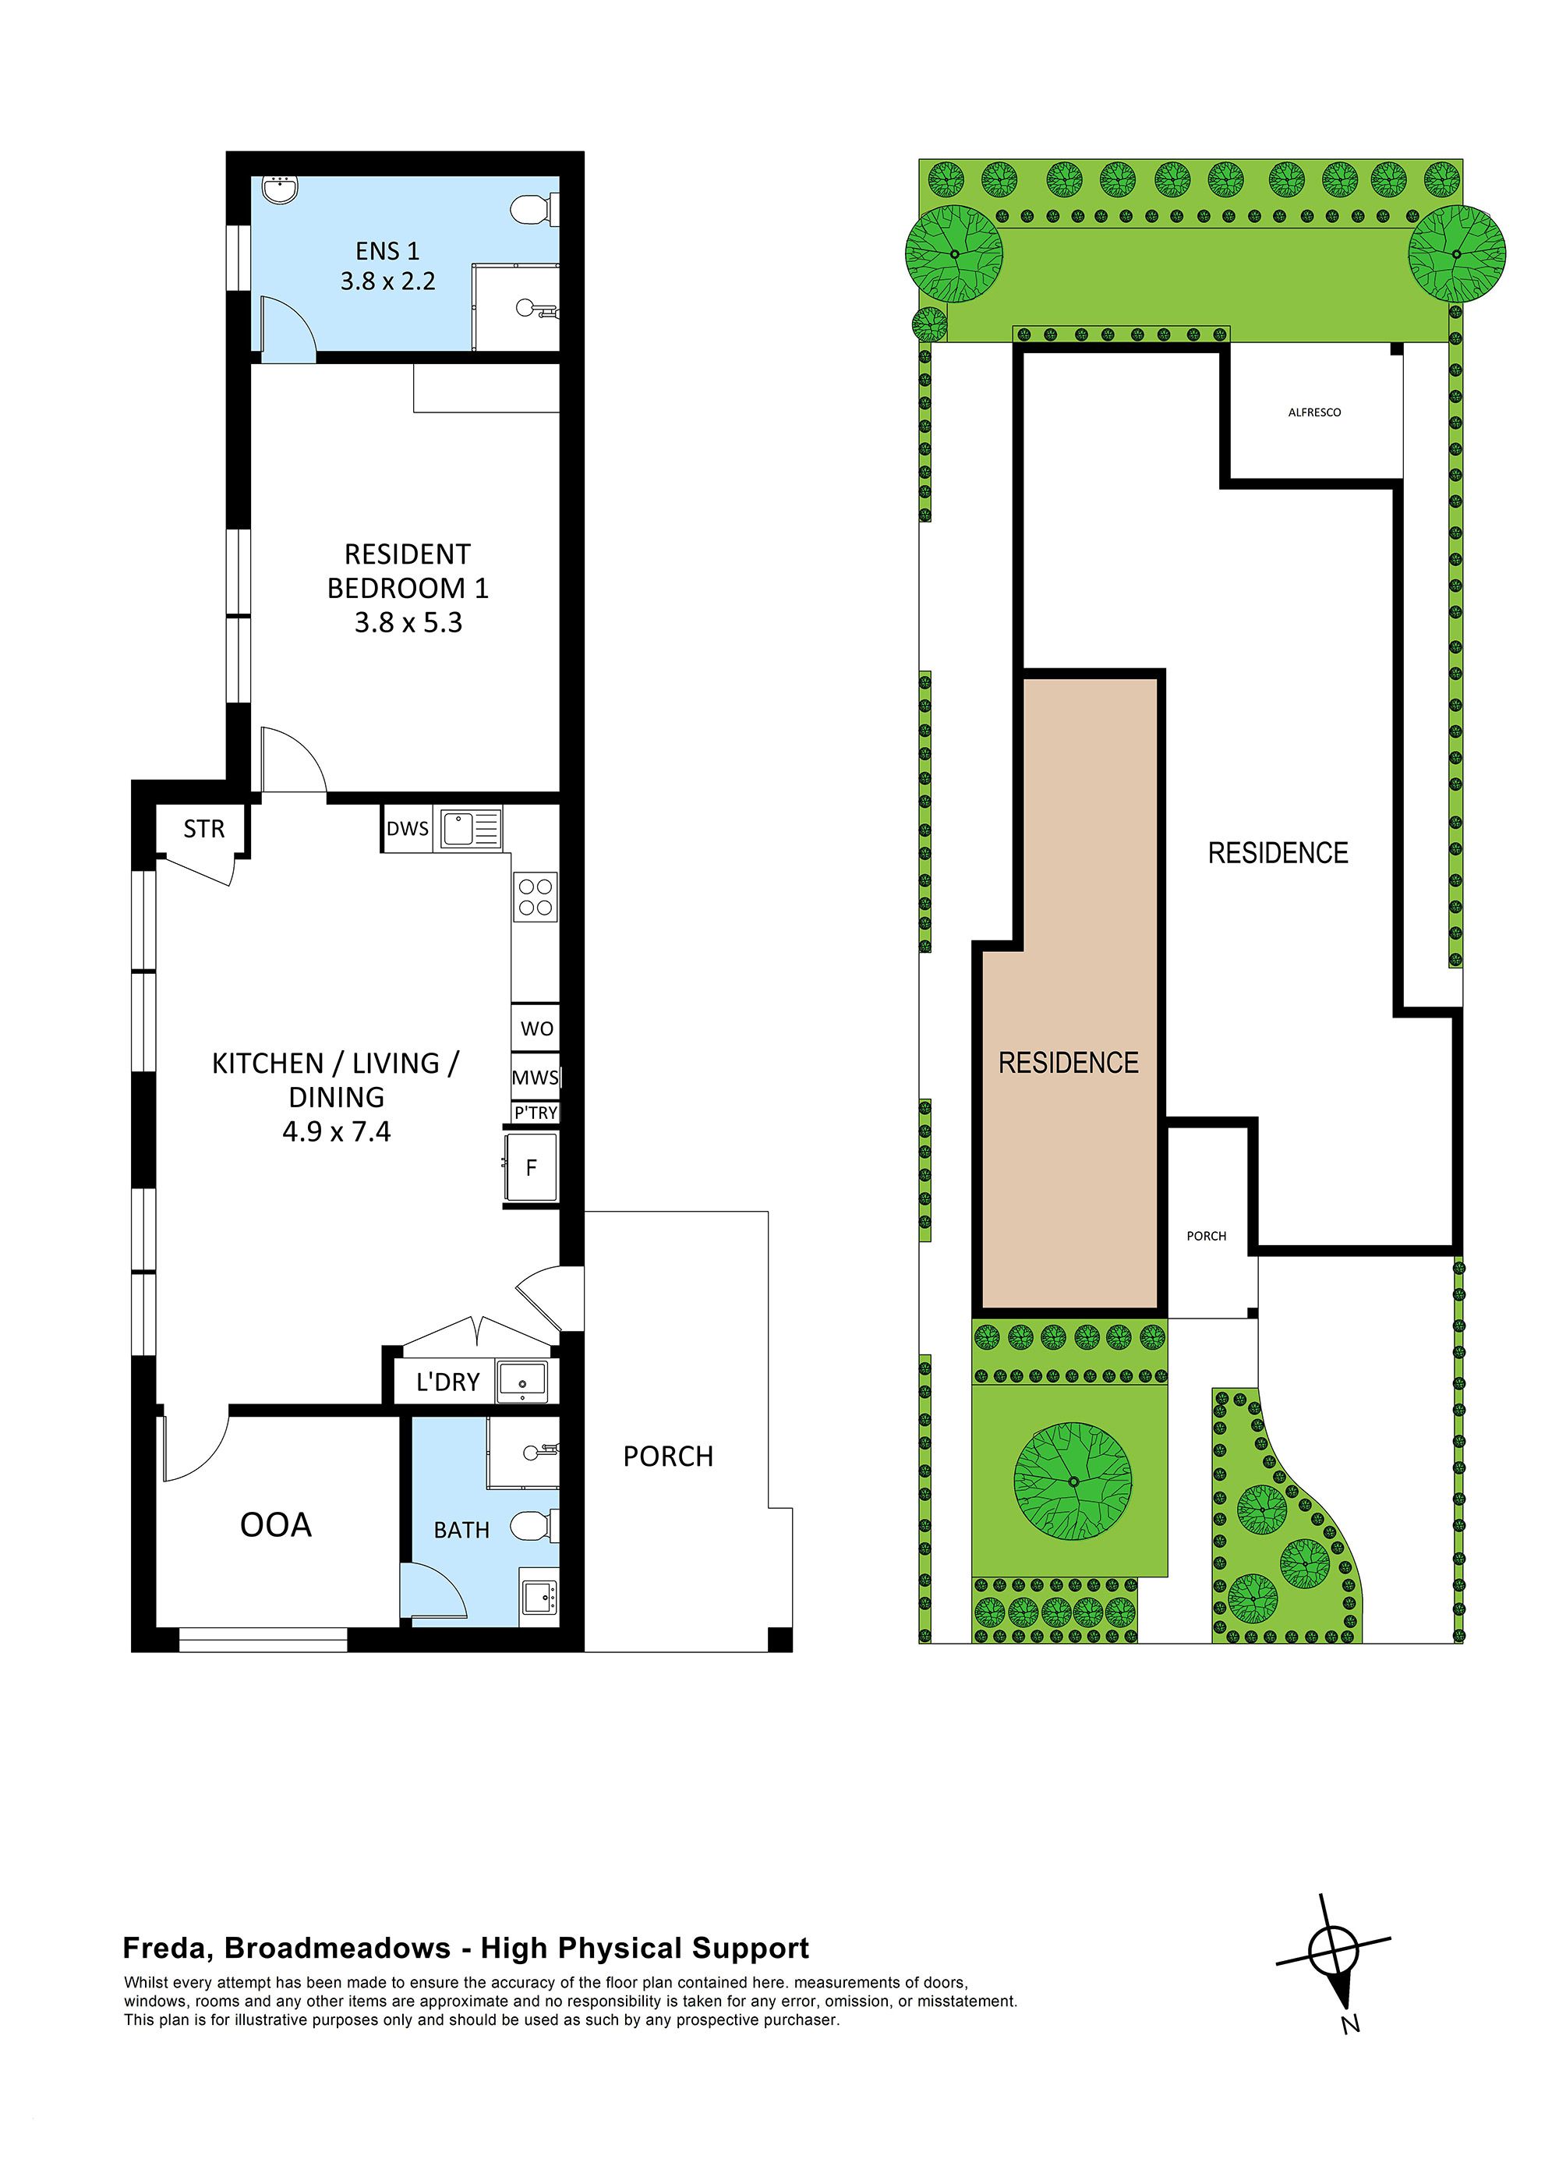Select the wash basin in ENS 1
tap(282, 190)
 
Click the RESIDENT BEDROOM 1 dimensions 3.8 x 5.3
tap(408, 623)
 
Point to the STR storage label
tap(203, 830)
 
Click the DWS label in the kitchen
tap(407, 830)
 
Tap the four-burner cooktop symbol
tap(536, 897)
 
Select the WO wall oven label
tap(536, 1029)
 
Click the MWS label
tap(535, 1078)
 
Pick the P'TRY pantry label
tap(536, 1113)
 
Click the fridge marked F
tap(531, 1167)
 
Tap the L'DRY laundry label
tap(447, 1382)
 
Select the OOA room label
tap(275, 1525)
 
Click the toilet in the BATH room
tap(531, 1525)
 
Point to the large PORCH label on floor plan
tap(668, 1457)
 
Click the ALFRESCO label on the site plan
tap(1314, 412)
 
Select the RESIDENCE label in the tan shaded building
tap(1069, 1063)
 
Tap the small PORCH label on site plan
tap(1207, 1237)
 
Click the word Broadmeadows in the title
tap(337, 1949)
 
